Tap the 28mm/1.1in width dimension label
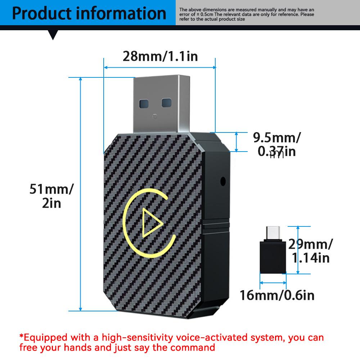(160, 56)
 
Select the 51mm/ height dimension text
(51, 189)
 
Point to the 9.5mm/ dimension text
(276, 138)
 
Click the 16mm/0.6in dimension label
(277, 295)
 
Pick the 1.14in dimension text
(310, 258)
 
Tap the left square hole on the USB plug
(144, 104)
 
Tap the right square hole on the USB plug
(166, 103)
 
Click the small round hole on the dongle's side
(223, 181)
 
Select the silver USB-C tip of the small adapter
(273, 233)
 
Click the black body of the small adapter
(273, 256)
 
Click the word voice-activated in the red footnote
(212, 338)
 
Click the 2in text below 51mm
(51, 203)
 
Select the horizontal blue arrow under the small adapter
(273, 283)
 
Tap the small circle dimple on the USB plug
(155, 117)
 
